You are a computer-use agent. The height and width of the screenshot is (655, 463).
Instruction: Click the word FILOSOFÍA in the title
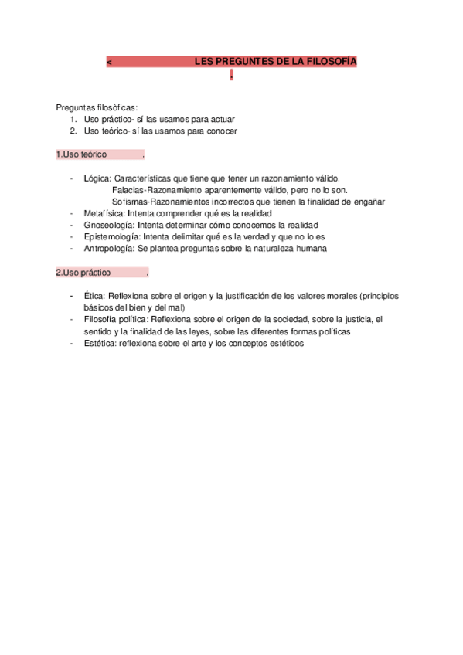coord(331,61)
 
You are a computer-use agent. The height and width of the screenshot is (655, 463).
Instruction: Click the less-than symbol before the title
coord(109,62)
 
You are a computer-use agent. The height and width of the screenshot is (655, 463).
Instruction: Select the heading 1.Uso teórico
coord(81,154)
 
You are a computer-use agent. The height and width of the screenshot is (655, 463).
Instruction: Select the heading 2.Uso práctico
coord(83,273)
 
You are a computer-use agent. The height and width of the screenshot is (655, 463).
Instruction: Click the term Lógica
coord(97,178)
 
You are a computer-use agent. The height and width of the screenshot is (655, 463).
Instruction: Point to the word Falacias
coord(128,190)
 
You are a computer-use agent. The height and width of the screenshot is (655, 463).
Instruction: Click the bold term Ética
coord(94,296)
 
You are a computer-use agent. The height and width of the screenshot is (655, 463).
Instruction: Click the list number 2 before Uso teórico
coord(72,131)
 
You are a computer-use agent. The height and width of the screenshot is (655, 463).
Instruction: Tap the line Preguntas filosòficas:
coord(97,107)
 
